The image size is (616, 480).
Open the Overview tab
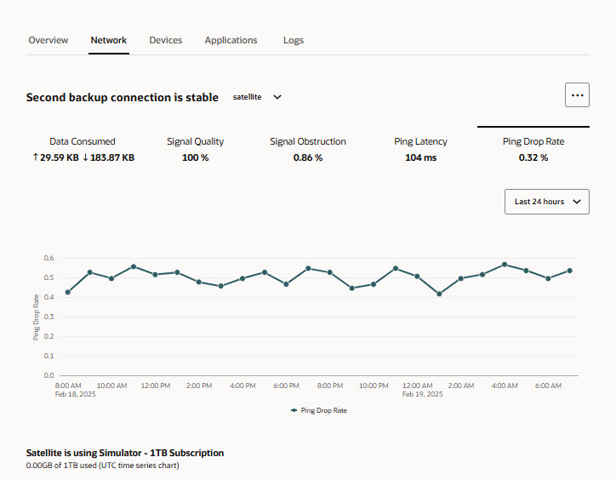pos(48,40)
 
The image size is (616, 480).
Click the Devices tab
pos(166,40)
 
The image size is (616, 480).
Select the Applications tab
pos(231,40)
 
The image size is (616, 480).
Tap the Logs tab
pos(294,40)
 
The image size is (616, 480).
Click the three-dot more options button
pos(578,95)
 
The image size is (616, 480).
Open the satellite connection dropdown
pos(257,97)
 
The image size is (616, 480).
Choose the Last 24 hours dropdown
pos(547,202)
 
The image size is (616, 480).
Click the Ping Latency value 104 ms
pos(420,157)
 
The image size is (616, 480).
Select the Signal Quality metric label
pos(196,141)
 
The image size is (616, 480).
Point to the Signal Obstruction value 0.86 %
pos(308,157)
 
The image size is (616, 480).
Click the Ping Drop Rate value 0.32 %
pos(533,157)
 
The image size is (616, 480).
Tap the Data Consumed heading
pos(83,141)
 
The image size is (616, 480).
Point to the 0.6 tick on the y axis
pos(48,258)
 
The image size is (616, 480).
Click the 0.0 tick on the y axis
pos(48,375)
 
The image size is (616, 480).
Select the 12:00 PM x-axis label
pos(155,386)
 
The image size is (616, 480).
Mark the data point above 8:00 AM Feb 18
pos(68,292)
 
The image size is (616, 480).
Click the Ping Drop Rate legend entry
pos(319,410)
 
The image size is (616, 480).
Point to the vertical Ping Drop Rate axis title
pos(36,317)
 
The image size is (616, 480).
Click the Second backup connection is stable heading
pos(123,97)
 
